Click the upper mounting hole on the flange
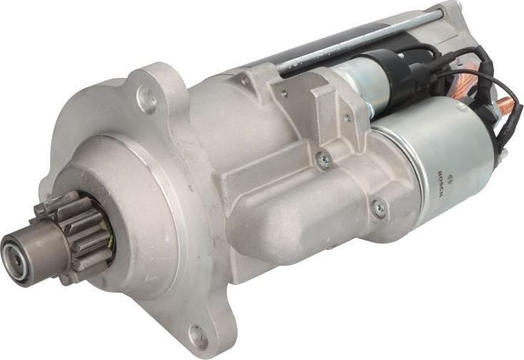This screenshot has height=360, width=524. [x=146, y=99]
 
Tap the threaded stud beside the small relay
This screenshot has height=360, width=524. [x=370, y=109]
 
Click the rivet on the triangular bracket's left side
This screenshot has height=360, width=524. [x=283, y=93]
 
